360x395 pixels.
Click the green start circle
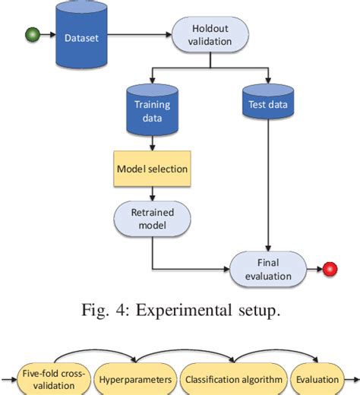pos(33,35)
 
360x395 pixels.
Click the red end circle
pos(330,270)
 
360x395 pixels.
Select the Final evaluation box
pos(268,270)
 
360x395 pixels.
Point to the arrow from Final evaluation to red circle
pos(313,270)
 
